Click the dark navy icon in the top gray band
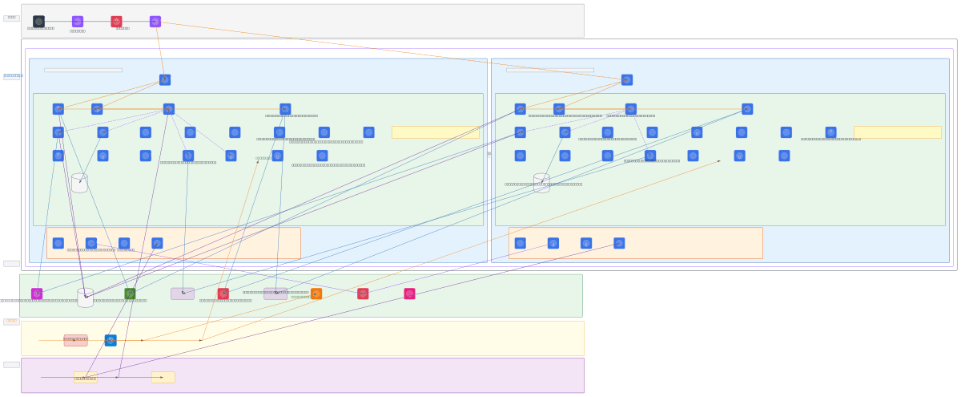(38, 22)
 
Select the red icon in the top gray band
(116, 22)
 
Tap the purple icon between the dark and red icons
(78, 22)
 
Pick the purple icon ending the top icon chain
(155, 22)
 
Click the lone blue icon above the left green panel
(165, 80)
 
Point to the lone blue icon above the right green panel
(627, 80)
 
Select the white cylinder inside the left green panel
(79, 183)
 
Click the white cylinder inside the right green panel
(541, 183)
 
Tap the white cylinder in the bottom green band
(85, 298)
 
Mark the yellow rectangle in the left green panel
(436, 132)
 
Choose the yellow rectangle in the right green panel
(897, 132)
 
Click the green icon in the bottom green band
(130, 294)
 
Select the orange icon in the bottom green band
(316, 294)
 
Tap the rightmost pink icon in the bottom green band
(409, 294)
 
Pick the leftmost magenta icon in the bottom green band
(37, 294)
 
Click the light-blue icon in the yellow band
(111, 340)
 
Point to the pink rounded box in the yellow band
(75, 340)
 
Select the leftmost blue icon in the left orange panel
(58, 243)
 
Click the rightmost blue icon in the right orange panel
(619, 243)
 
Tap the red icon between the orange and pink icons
(363, 294)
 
